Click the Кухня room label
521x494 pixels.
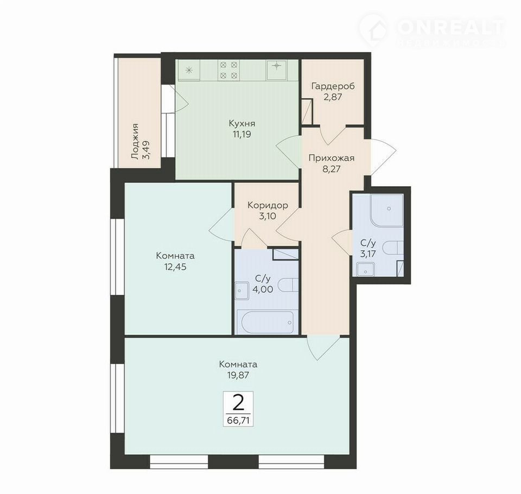pyautogui.click(x=242, y=124)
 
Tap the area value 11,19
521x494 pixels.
pyautogui.click(x=242, y=134)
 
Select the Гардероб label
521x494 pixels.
pyautogui.click(x=333, y=86)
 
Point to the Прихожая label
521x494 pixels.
pyautogui.click(x=331, y=158)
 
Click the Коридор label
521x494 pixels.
pyautogui.click(x=268, y=205)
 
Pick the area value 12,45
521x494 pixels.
pyautogui.click(x=175, y=267)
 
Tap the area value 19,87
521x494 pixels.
pyautogui.click(x=238, y=375)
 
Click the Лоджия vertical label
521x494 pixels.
pyautogui.click(x=135, y=142)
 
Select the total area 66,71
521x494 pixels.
pyautogui.click(x=238, y=420)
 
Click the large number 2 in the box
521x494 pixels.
pyautogui.click(x=238, y=403)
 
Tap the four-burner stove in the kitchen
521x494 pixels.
pyautogui.click(x=228, y=70)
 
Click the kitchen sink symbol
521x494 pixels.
pyautogui.click(x=276, y=70)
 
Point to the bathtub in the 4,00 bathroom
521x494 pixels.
pyautogui.click(x=268, y=322)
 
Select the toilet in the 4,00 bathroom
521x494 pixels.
pyautogui.click(x=288, y=285)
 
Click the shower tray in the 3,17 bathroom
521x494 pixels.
pyautogui.click(x=387, y=210)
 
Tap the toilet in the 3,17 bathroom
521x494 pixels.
pyautogui.click(x=393, y=248)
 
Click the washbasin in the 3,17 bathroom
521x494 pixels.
pyautogui.click(x=366, y=270)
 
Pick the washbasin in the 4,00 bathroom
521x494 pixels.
pyautogui.click(x=242, y=291)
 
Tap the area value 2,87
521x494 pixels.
pyautogui.click(x=333, y=97)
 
